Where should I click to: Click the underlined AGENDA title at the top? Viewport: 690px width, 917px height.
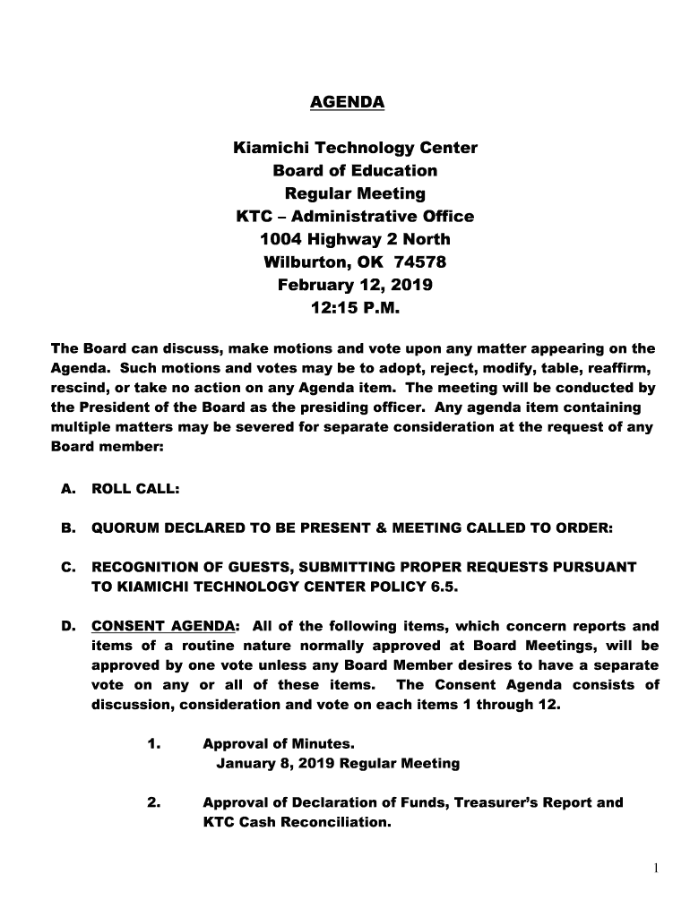tap(347, 102)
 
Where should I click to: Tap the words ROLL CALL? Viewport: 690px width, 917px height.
tap(136, 490)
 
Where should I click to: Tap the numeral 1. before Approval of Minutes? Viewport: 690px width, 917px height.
tap(153, 744)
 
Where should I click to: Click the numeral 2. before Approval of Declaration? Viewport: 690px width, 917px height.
tap(153, 802)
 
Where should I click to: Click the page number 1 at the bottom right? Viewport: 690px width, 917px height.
tap(656, 867)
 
